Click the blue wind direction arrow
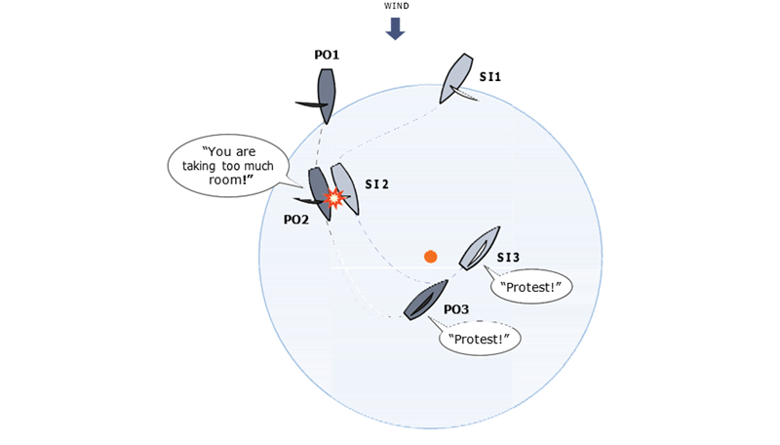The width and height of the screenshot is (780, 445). [396, 28]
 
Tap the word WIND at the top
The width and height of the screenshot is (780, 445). [397, 6]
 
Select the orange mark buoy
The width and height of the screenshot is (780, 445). [431, 257]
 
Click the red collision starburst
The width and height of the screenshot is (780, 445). [334, 198]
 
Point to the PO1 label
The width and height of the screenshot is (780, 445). [327, 55]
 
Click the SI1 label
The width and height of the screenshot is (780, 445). [490, 77]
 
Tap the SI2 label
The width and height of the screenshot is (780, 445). [376, 184]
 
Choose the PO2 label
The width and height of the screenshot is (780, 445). [296, 220]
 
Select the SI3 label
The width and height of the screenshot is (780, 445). [508, 258]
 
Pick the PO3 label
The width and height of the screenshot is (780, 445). [456, 309]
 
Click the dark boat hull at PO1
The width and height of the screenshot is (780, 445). [326, 96]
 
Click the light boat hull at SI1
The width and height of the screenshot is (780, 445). [456, 78]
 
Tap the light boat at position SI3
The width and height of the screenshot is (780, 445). [480, 249]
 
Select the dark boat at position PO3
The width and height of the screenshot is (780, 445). [426, 301]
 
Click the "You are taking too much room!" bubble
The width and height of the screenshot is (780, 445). [229, 166]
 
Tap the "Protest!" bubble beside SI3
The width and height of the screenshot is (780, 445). [530, 287]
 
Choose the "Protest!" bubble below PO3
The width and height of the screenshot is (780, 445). [479, 339]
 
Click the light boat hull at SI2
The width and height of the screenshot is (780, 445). [345, 188]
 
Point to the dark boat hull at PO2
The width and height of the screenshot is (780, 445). [320, 193]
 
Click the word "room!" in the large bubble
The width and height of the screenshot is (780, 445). [228, 180]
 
